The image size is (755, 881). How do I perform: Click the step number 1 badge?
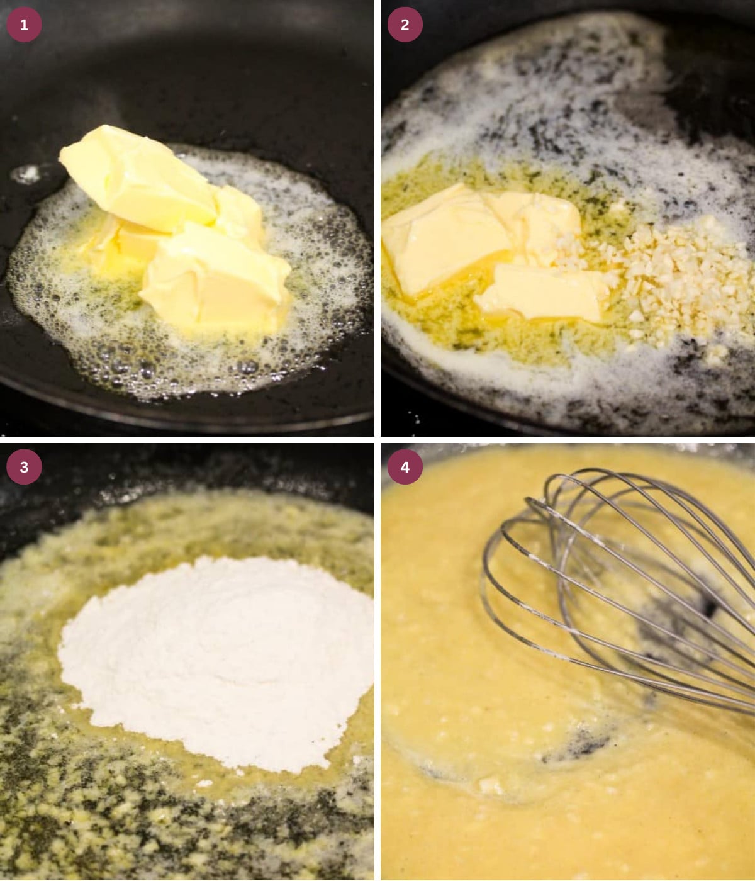(24, 25)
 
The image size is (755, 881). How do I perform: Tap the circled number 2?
(405, 25)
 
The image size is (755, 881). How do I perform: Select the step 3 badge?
(24, 467)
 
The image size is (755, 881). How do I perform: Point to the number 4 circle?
(405, 467)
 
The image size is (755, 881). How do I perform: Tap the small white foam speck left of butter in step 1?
(26, 174)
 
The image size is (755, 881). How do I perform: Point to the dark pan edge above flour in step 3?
(189, 469)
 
